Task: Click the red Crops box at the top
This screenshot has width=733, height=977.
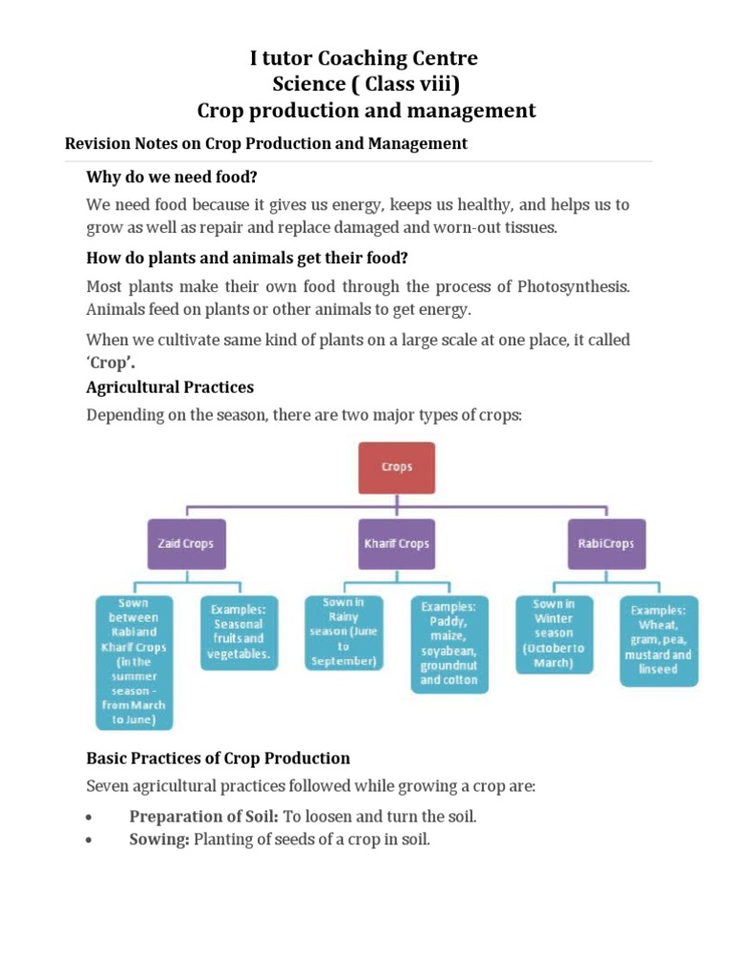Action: click(x=396, y=468)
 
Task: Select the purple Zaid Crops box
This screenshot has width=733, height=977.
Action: click(x=185, y=544)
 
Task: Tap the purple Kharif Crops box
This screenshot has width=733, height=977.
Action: click(x=396, y=544)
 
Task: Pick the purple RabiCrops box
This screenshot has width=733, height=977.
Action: click(x=605, y=544)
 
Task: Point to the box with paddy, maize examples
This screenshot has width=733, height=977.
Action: click(x=449, y=643)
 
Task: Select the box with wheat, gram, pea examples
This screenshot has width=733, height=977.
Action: click(x=659, y=641)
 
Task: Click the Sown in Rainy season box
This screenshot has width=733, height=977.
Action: click(x=343, y=632)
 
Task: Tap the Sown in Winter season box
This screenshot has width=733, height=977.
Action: click(x=554, y=632)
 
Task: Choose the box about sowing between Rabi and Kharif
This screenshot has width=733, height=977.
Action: click(x=134, y=661)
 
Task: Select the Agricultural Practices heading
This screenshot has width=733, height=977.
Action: click(x=170, y=388)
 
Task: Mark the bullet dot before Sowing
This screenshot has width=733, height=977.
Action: click(x=89, y=842)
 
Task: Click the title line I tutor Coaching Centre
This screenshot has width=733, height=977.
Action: click(x=364, y=59)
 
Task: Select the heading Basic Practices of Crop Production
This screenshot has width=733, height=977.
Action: click(x=218, y=759)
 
